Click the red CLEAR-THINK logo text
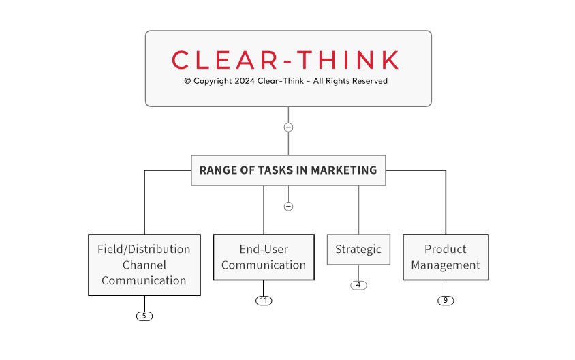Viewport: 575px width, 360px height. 285,60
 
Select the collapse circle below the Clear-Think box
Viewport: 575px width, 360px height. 288,127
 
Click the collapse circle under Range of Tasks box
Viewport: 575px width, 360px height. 288,206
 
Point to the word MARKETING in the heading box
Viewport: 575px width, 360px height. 343,170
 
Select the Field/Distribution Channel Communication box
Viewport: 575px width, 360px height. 144,265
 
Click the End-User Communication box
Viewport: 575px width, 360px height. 264,257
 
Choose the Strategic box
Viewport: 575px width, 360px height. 358,250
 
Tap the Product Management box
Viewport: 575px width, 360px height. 446,257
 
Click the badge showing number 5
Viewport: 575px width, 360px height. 144,316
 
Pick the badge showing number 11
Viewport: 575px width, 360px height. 264,301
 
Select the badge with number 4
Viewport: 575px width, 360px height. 358,285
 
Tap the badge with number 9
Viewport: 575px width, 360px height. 446,301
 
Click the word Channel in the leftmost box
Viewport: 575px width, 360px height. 144,265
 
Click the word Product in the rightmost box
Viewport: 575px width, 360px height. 446,250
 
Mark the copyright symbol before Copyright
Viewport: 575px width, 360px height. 187,81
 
